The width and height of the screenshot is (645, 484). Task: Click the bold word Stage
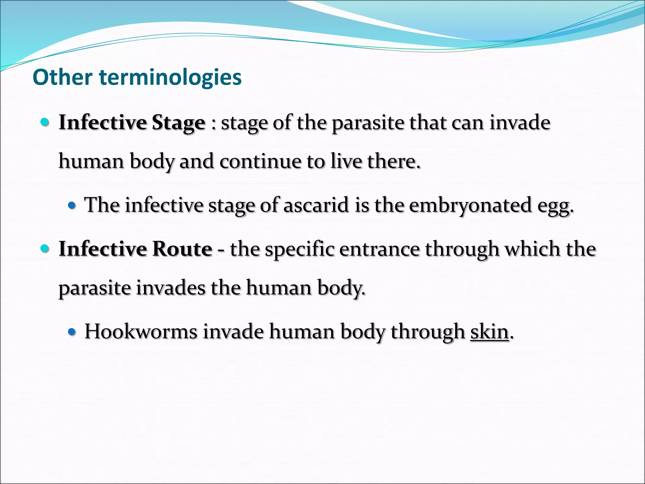(179, 123)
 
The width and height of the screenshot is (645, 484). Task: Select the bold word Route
(182, 249)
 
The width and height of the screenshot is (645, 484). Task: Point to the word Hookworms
(141, 331)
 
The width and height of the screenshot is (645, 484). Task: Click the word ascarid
(316, 205)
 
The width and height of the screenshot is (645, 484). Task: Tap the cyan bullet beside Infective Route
(45, 249)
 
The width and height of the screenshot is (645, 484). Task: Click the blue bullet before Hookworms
(72, 332)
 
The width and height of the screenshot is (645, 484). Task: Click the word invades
(170, 288)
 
